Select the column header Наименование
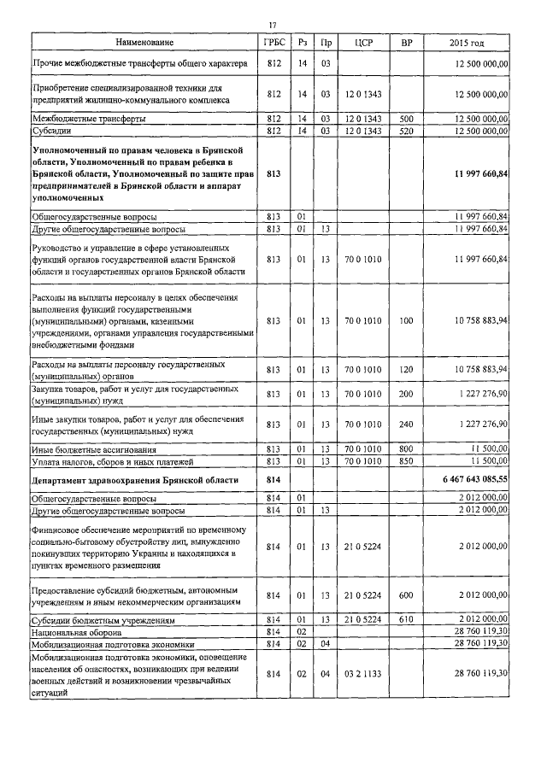[142, 42]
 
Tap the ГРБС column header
[273, 42]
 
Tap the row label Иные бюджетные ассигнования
[93, 448]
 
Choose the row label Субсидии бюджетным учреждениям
[103, 618]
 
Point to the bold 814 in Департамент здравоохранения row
[273, 481]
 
